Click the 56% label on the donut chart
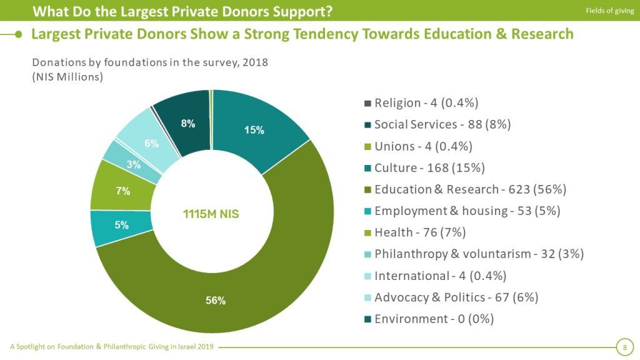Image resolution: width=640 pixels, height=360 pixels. tap(216, 301)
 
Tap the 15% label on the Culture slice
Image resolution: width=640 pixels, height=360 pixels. tap(254, 131)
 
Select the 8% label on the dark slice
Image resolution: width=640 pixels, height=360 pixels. tap(188, 124)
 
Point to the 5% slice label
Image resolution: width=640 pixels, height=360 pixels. tap(121, 225)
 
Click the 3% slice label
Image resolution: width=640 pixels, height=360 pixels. tap(133, 165)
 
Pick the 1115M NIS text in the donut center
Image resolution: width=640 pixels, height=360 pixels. tap(210, 214)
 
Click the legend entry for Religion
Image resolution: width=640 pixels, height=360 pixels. tap(426, 103)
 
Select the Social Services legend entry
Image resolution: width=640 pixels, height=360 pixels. tap(442, 124)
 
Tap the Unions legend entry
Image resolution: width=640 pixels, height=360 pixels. tap(423, 146)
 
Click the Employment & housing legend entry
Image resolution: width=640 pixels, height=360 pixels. tap(467, 211)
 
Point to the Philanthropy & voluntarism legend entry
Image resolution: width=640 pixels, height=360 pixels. tap(479, 254)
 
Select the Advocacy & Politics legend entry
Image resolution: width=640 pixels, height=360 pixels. tap(456, 297)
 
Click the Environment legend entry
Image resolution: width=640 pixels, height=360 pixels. tap(434, 319)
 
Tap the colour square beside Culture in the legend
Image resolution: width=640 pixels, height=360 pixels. tap(368, 168)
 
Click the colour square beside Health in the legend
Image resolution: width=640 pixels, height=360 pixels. tap(368, 233)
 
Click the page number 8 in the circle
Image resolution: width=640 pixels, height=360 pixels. tap(624, 347)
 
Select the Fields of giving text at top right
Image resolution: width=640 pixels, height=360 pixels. tap(609, 11)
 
